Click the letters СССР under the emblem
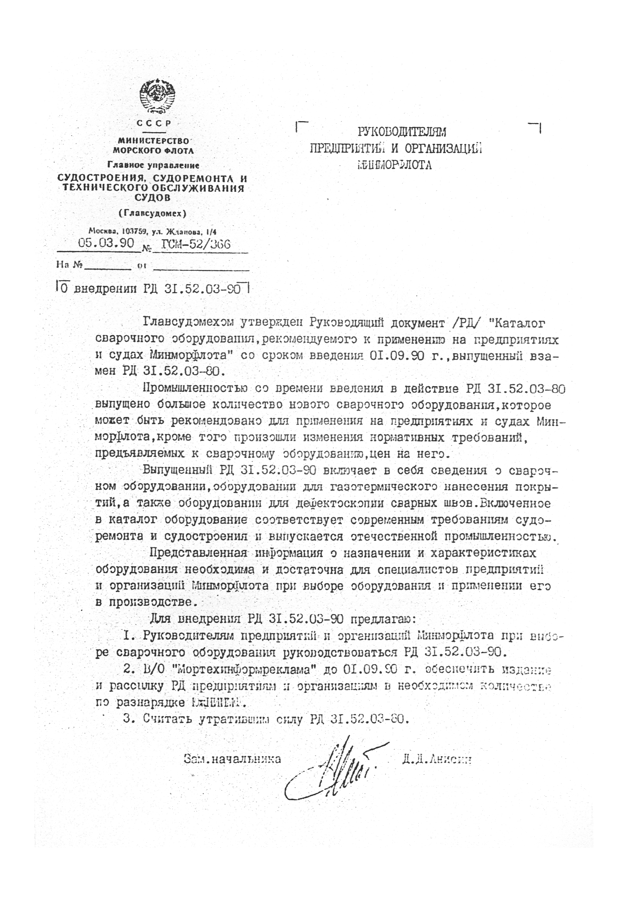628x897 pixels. point(154,123)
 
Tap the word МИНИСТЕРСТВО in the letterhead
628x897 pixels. point(153,141)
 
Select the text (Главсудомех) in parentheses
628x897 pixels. point(153,213)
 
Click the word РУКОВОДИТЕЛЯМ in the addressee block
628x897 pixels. point(402,132)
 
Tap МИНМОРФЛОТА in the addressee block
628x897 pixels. point(395,165)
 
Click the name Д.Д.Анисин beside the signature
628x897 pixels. point(437,759)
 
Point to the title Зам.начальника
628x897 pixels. point(232,759)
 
